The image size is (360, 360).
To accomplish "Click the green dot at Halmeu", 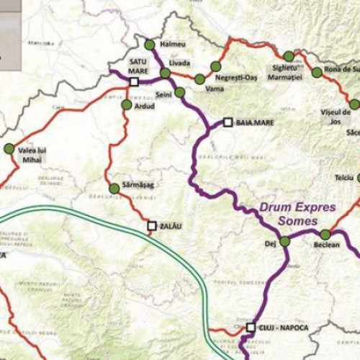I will click(150, 43).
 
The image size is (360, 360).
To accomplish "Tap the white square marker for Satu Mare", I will click(134, 82).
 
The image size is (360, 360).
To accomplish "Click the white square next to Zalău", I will click(152, 226).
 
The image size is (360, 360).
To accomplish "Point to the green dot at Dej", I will click(284, 241).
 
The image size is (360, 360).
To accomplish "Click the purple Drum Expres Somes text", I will click(297, 214).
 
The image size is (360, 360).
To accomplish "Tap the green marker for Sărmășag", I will click(114, 189).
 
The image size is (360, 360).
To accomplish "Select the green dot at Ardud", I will click(127, 104).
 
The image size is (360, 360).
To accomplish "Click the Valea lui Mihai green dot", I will click(9, 148).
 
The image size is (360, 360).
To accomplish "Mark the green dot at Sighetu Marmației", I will click(289, 56).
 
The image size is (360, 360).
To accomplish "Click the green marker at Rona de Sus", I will click(317, 73).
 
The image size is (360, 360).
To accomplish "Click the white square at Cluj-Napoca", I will click(251, 328).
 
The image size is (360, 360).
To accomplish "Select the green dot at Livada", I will click(166, 73).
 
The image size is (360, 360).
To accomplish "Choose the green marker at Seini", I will click(180, 92).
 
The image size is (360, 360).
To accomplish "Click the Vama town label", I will click(214, 89).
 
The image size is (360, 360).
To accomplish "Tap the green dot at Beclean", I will click(325, 235).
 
